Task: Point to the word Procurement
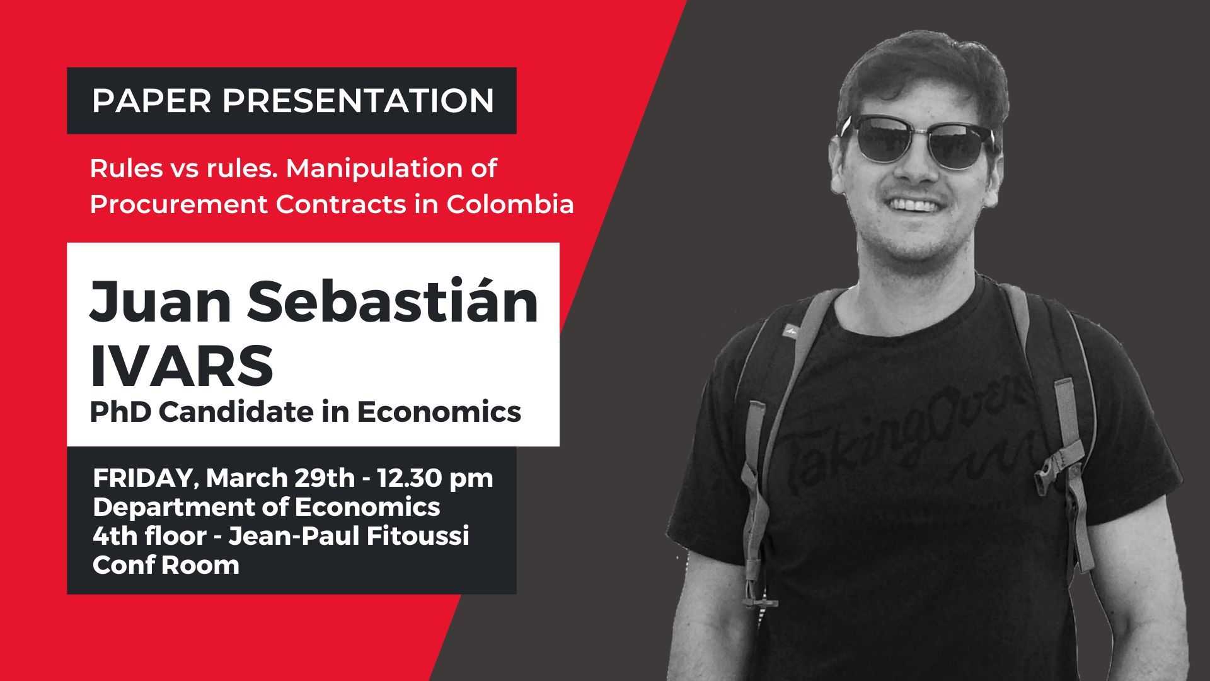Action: pyautogui.click(x=178, y=204)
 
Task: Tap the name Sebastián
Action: pyautogui.click(x=392, y=301)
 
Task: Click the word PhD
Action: pyautogui.click(x=118, y=412)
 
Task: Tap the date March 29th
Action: pyautogui.click(x=280, y=478)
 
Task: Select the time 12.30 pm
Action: pyautogui.click(x=435, y=478)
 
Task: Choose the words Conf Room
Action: pyautogui.click(x=166, y=565)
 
